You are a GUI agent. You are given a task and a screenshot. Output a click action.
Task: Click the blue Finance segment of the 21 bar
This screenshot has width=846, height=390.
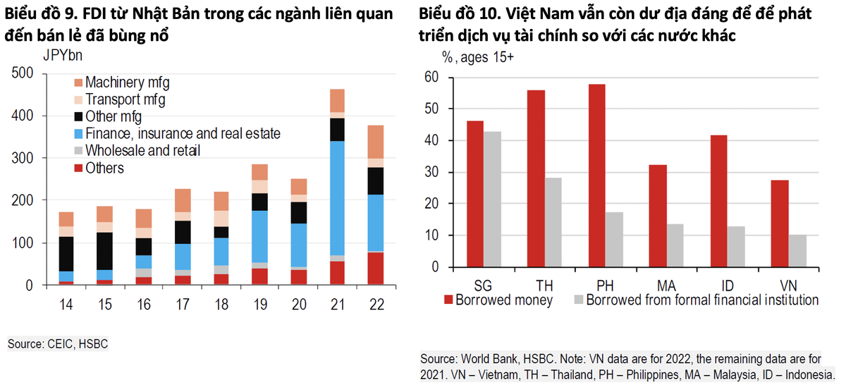[x=337, y=197]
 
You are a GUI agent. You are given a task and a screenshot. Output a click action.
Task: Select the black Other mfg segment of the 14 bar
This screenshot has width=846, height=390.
[x=66, y=254]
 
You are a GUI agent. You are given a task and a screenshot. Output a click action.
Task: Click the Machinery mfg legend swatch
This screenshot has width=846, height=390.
[x=78, y=83]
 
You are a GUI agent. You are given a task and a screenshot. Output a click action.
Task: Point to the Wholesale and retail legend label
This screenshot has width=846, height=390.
[x=142, y=150]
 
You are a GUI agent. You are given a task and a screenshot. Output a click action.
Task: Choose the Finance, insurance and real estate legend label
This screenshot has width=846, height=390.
[x=183, y=133]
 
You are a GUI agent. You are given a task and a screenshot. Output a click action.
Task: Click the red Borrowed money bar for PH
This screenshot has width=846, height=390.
[x=596, y=176]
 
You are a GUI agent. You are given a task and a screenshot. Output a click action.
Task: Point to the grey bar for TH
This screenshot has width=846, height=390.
[x=553, y=222]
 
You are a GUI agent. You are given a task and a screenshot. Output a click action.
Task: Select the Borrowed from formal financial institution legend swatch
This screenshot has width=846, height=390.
[x=580, y=300]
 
